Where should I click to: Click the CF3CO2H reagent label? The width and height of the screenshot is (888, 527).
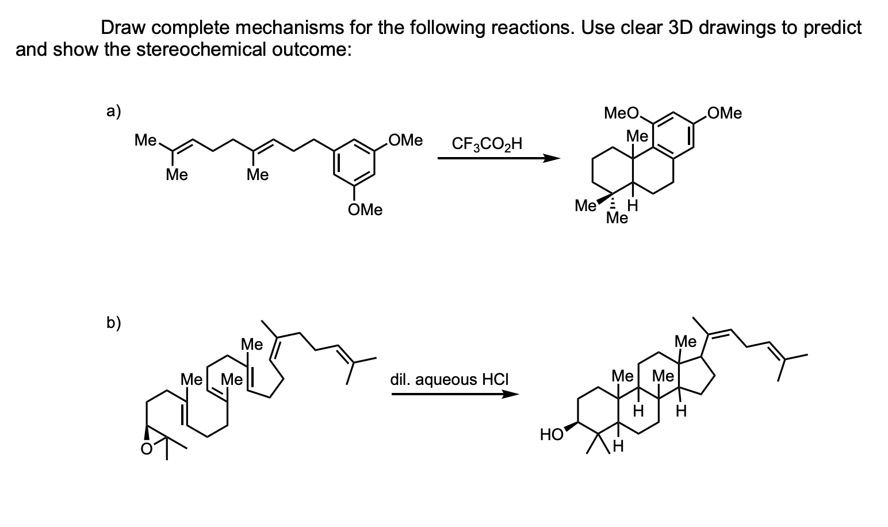click(x=487, y=143)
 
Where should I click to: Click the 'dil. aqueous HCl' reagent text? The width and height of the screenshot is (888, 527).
click(x=449, y=380)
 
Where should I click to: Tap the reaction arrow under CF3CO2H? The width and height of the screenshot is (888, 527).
click(x=498, y=159)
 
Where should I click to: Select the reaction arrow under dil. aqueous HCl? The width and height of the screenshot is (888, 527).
click(x=454, y=395)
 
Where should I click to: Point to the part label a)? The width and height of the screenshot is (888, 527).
click(x=113, y=111)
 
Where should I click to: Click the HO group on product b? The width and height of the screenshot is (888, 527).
click(x=552, y=435)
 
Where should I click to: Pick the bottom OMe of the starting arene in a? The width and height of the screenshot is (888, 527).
click(x=365, y=210)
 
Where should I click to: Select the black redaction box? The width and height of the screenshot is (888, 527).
click(x=56, y=22)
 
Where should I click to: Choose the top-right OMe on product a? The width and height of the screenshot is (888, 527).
click(x=725, y=113)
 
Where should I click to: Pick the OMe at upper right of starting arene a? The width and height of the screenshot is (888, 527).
click(x=405, y=140)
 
